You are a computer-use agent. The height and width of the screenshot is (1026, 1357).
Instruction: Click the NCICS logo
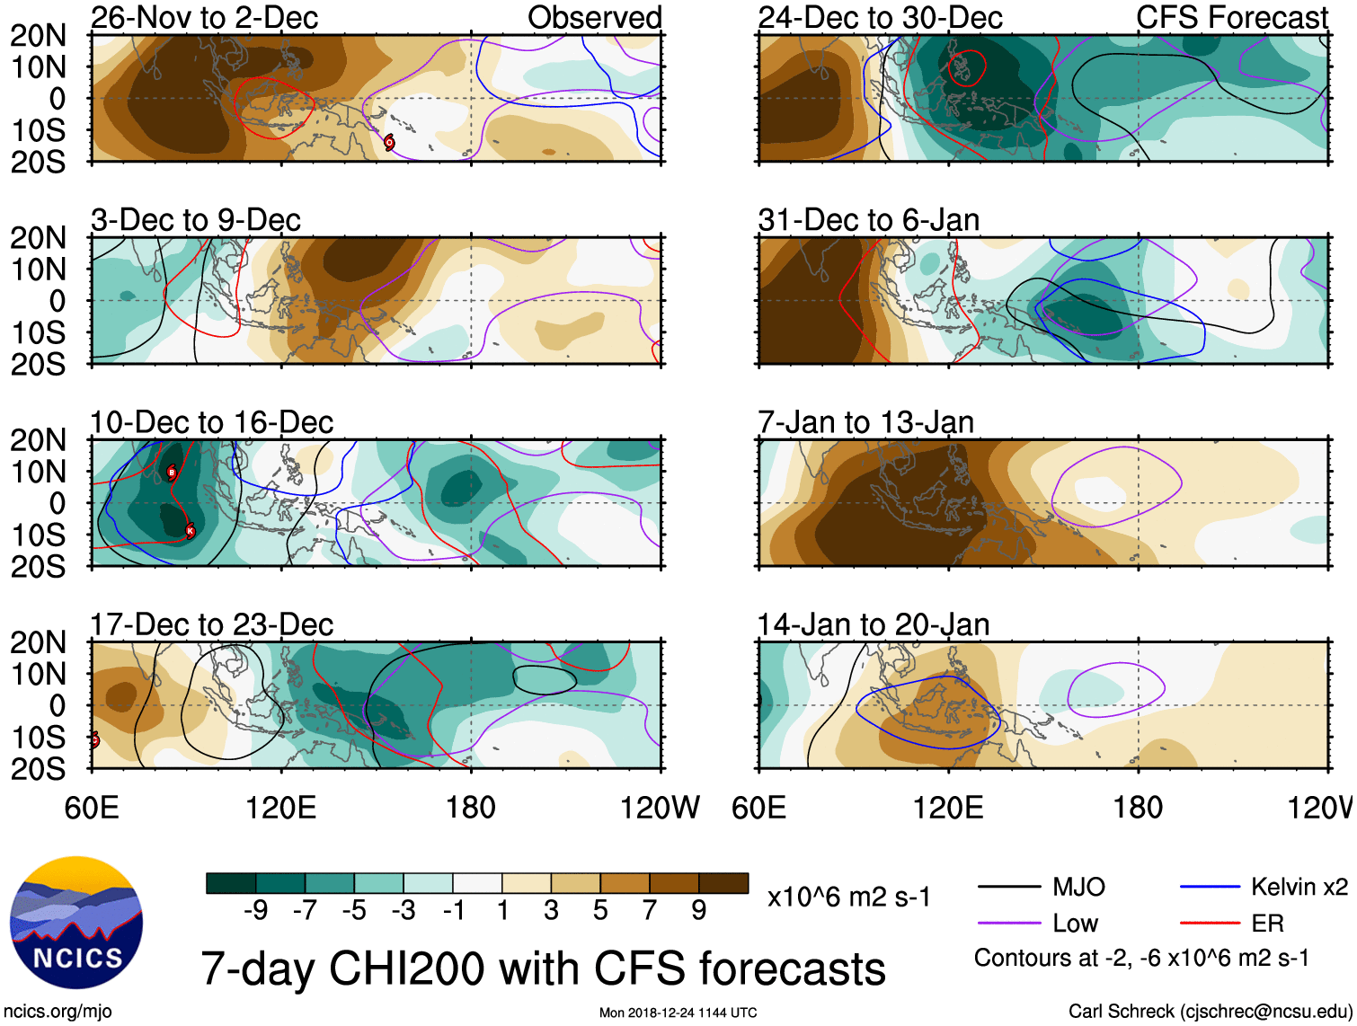(x=76, y=923)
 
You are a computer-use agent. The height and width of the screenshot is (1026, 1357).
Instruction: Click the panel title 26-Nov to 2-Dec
(x=204, y=18)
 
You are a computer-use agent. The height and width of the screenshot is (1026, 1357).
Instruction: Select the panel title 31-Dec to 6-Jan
(x=868, y=220)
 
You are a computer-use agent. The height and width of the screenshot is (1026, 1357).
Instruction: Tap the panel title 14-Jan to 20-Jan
(x=873, y=624)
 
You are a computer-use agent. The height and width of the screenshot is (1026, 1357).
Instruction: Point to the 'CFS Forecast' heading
(x=1231, y=18)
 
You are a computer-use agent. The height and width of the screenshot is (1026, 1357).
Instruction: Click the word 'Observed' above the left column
(x=594, y=18)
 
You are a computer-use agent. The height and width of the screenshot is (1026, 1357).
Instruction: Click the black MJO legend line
(x=1009, y=888)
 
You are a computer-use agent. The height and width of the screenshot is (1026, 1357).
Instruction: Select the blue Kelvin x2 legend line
(x=1210, y=888)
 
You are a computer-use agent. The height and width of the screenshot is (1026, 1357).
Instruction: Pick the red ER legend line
(x=1210, y=923)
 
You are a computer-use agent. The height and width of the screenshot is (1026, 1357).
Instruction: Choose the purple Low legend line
(x=1009, y=923)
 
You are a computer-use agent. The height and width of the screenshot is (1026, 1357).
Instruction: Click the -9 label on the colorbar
(x=255, y=911)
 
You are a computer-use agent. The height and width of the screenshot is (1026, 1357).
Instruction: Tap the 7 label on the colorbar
(x=650, y=911)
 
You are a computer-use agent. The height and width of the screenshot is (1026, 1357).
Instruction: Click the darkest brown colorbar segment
(x=723, y=883)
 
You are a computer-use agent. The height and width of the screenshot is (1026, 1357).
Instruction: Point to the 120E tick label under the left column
(x=281, y=808)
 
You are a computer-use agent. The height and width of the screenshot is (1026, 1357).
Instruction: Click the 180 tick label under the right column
(x=1138, y=808)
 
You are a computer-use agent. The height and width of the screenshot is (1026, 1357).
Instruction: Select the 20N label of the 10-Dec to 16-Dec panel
(x=39, y=440)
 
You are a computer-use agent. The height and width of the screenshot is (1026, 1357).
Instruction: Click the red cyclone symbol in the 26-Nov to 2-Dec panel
(x=389, y=142)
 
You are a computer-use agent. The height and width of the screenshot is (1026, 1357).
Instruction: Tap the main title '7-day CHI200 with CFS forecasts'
(x=543, y=969)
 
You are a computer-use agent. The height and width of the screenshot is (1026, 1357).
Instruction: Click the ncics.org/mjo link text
(x=58, y=1012)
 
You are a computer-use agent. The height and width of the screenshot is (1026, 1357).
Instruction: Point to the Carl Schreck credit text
(x=1210, y=1012)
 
